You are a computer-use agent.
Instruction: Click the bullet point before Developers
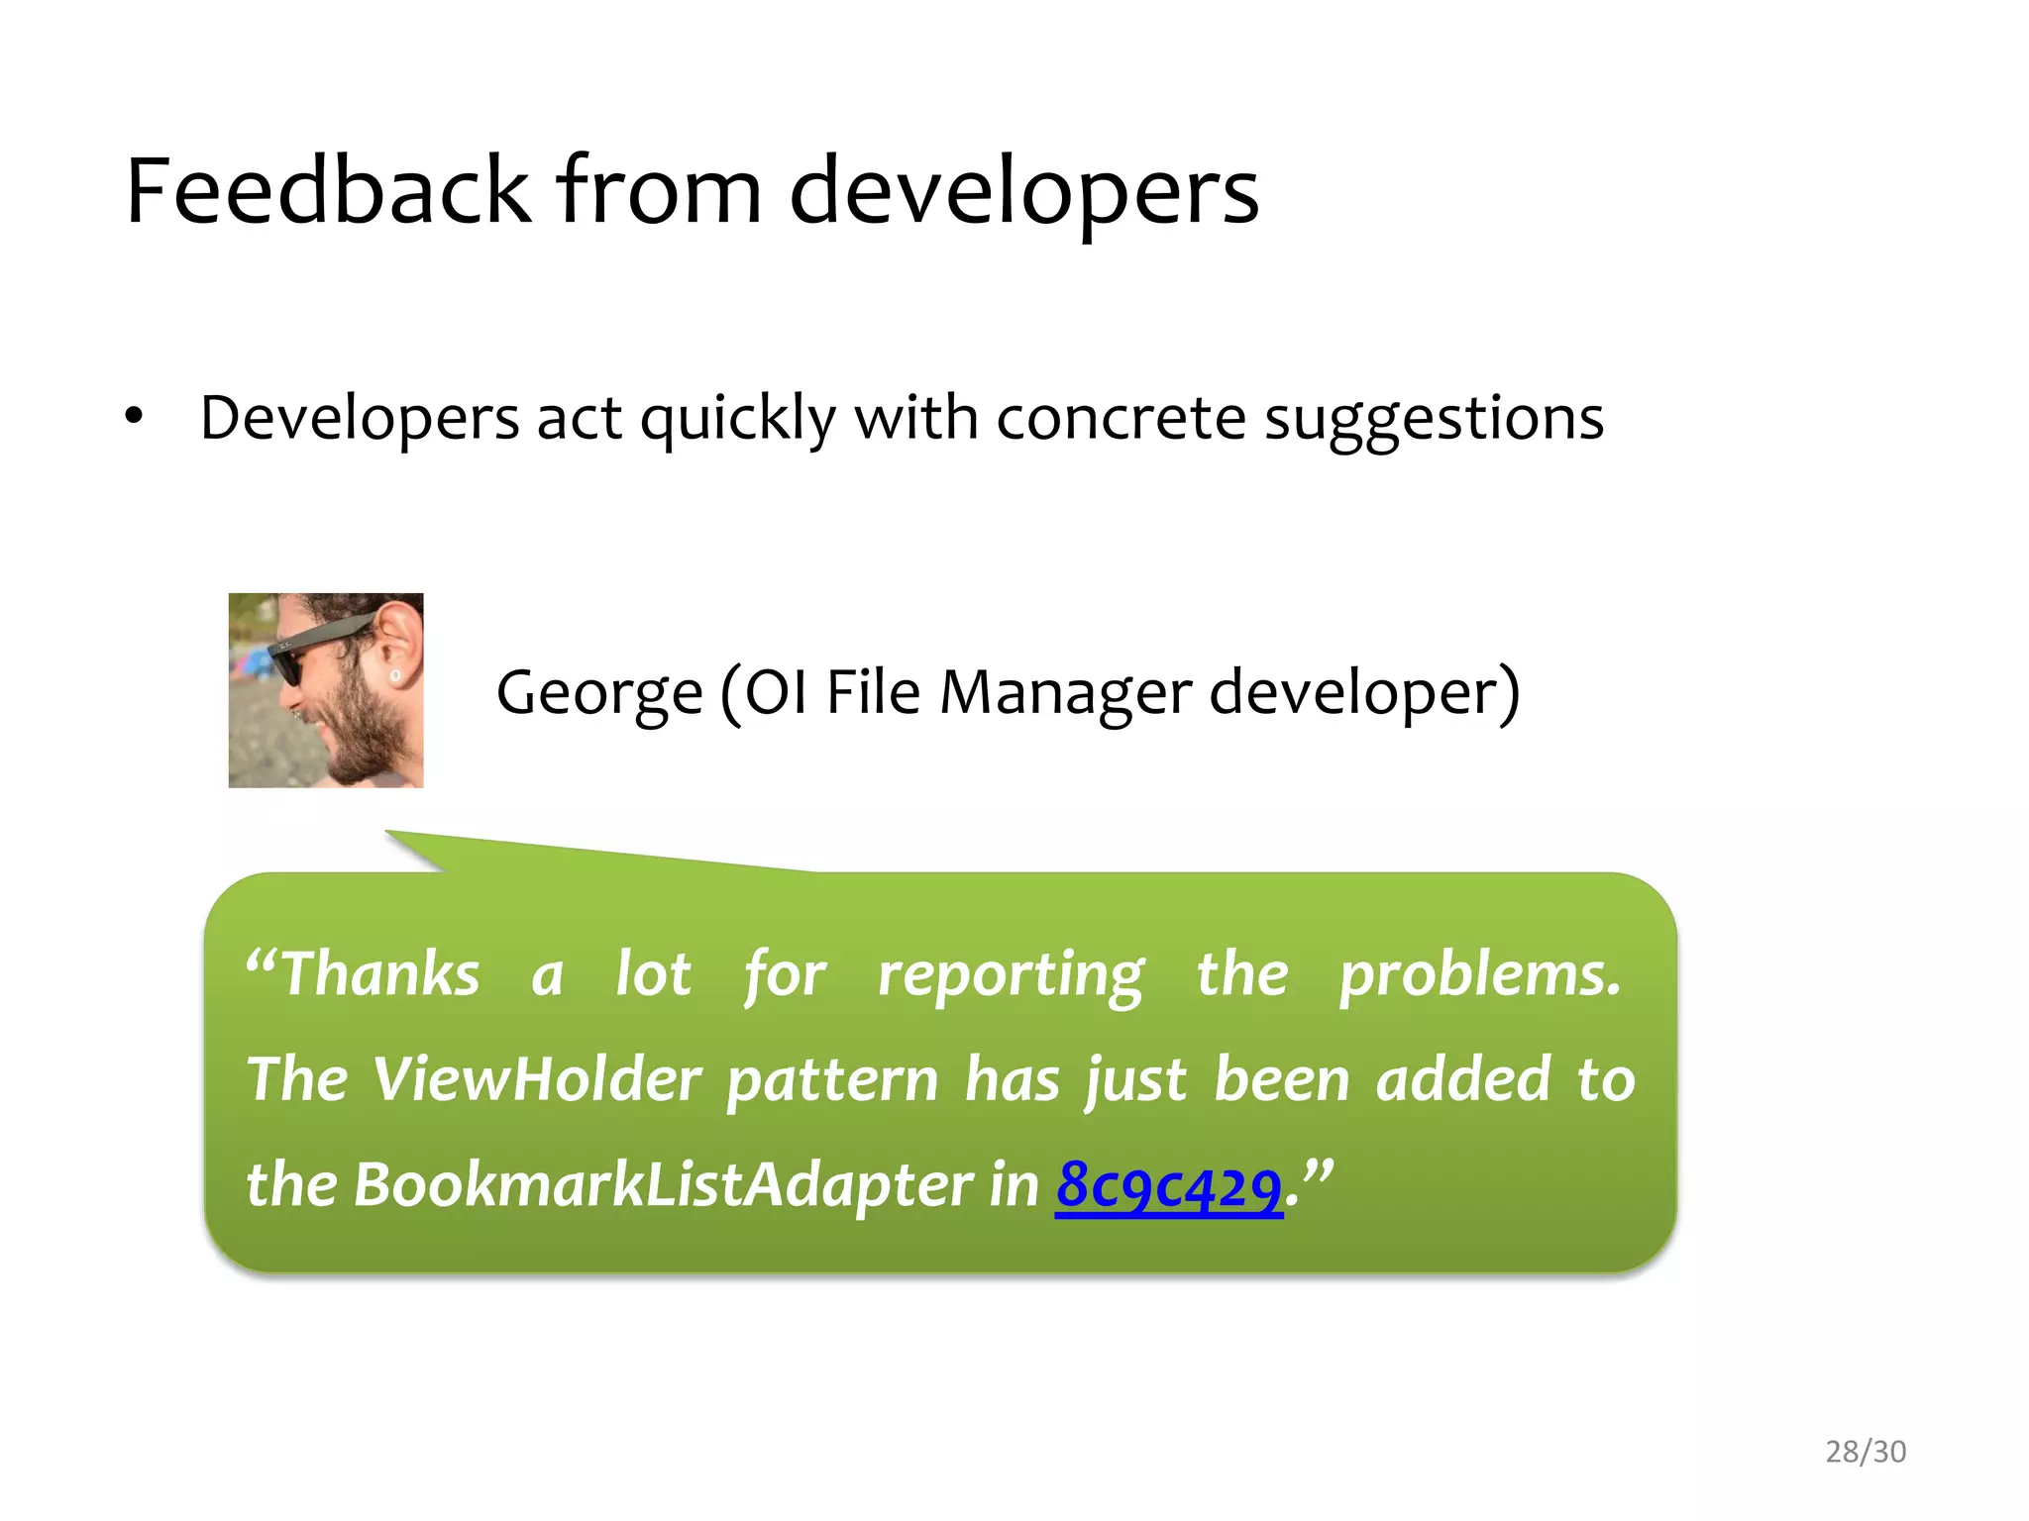(x=135, y=416)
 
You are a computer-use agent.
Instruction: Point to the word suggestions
(x=1434, y=418)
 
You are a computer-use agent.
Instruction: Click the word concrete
(x=1120, y=418)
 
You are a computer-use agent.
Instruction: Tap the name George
(x=599, y=691)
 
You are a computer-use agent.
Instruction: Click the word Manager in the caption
(x=1065, y=691)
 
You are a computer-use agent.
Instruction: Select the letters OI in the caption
(x=776, y=691)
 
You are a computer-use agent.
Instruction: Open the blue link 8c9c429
(x=1169, y=1184)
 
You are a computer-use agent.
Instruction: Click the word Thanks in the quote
(x=380, y=973)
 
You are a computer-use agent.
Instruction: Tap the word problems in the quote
(x=1479, y=973)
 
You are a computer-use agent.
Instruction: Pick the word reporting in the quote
(x=1011, y=973)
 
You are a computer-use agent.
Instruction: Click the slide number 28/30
(x=1866, y=1451)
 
